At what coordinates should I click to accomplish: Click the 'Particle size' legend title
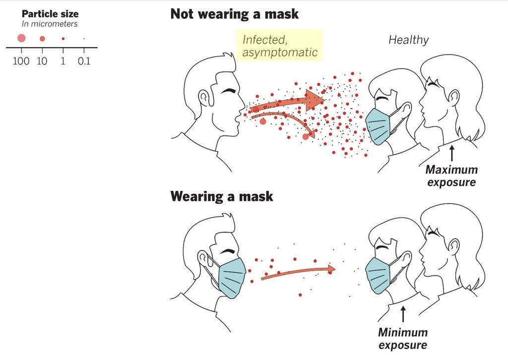click(50, 14)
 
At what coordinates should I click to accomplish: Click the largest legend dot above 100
click(21, 38)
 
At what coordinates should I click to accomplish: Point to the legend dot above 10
click(42, 39)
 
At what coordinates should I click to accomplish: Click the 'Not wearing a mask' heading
click(234, 13)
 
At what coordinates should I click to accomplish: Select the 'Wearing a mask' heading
click(221, 196)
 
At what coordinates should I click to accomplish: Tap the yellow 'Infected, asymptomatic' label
click(280, 45)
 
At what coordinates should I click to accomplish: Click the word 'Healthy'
click(408, 40)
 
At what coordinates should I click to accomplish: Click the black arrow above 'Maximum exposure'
click(451, 151)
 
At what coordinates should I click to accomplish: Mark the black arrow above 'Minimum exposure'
click(403, 314)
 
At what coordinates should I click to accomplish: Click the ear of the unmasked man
click(204, 97)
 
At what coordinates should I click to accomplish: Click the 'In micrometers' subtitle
click(50, 24)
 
